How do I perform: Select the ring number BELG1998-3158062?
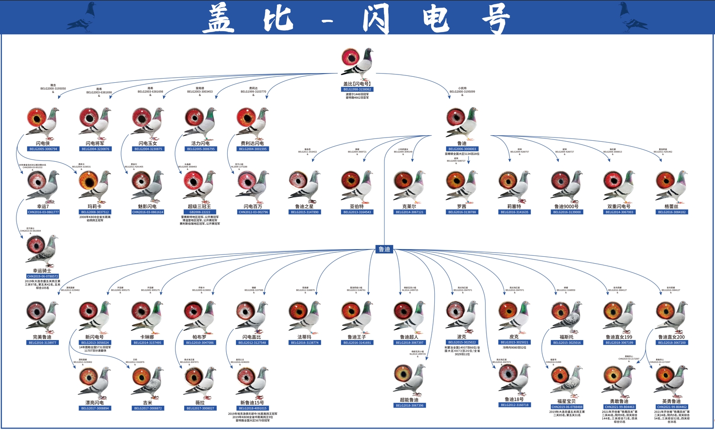(357, 89)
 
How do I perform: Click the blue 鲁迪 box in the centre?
(384, 249)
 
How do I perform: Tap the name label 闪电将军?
(95, 143)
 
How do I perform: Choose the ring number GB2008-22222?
(200, 212)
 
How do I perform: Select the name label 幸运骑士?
(43, 271)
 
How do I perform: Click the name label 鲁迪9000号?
(566, 207)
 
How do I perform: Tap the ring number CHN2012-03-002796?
(253, 212)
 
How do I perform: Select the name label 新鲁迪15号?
(252, 403)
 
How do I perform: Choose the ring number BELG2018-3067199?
(619, 342)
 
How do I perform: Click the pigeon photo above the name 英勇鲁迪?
(671, 380)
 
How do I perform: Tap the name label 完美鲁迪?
(43, 337)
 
